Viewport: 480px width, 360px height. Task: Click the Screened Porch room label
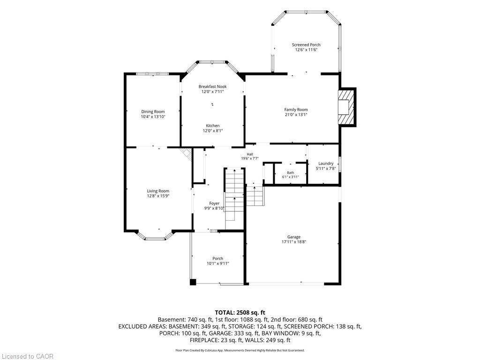click(x=306, y=45)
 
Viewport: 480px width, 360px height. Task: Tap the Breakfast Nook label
click(x=212, y=87)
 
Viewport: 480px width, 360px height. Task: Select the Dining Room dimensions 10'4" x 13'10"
click(x=153, y=117)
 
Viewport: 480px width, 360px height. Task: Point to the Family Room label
click(x=296, y=110)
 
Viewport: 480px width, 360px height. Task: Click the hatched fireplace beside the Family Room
click(x=346, y=107)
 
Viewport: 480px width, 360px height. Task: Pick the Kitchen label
click(x=213, y=126)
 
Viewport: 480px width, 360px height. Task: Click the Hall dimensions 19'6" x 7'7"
click(x=250, y=158)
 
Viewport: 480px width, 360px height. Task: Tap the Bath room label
click(x=291, y=172)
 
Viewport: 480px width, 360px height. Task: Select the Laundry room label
click(x=326, y=164)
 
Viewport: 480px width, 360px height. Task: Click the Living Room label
click(x=158, y=191)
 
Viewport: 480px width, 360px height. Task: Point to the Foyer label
click(x=214, y=203)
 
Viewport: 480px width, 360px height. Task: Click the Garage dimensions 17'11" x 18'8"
click(x=294, y=242)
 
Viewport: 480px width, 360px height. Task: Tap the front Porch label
click(x=218, y=258)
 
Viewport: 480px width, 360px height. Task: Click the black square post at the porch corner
click(x=193, y=282)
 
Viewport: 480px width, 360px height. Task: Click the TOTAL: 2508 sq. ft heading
click(x=240, y=313)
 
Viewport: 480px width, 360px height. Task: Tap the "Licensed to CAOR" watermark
click(x=27, y=356)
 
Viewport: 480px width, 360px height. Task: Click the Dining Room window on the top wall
click(x=152, y=74)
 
